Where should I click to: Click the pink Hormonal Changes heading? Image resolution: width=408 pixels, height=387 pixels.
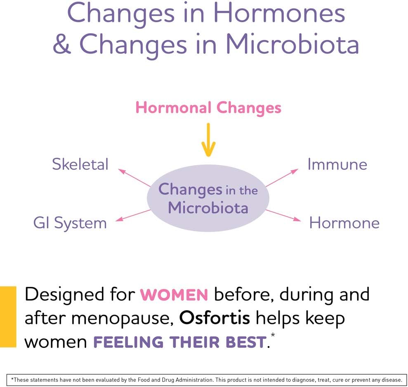[208, 108]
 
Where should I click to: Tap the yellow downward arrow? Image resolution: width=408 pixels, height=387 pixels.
[208, 140]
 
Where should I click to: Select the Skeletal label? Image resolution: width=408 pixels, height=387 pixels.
[80, 164]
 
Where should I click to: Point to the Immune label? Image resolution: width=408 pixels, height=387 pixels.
[337, 164]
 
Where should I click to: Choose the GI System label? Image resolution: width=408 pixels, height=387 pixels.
[70, 223]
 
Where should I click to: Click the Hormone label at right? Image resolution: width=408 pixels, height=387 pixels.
[344, 223]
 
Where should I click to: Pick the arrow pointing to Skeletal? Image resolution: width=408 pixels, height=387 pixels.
[134, 178]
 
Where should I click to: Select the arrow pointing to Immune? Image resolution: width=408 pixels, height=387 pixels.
[282, 178]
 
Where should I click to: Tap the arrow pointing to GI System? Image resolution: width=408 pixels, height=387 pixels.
[133, 216]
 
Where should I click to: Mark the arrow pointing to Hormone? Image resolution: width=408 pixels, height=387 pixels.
[283, 216]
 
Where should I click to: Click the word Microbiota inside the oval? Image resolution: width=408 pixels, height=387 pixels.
[208, 208]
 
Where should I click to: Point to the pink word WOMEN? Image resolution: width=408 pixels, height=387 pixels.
[174, 294]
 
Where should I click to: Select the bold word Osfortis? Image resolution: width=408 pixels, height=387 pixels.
[215, 318]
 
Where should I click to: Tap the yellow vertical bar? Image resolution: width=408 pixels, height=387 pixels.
[8, 317]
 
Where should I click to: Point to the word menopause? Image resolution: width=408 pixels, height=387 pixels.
[123, 319]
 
